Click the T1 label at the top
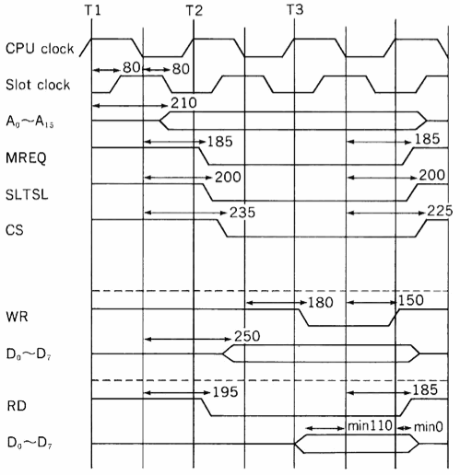[x=92, y=10]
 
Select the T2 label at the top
[x=195, y=11]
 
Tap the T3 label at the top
[x=295, y=10]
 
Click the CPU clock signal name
[x=40, y=49]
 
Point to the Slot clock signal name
[x=38, y=85]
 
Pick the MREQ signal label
[x=26, y=157]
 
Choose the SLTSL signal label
[x=27, y=194]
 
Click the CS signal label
[x=15, y=230]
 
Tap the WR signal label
[x=17, y=317]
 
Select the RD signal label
[x=17, y=406]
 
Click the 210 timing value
[x=183, y=103]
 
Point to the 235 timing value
[x=242, y=213]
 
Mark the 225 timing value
[x=440, y=211]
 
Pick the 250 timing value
[x=247, y=336]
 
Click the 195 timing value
[x=226, y=392]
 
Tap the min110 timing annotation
[x=370, y=426]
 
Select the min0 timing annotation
[x=429, y=427]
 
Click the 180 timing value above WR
[x=321, y=303]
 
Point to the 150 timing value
[x=411, y=300]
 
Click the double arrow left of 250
[x=187, y=339]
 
